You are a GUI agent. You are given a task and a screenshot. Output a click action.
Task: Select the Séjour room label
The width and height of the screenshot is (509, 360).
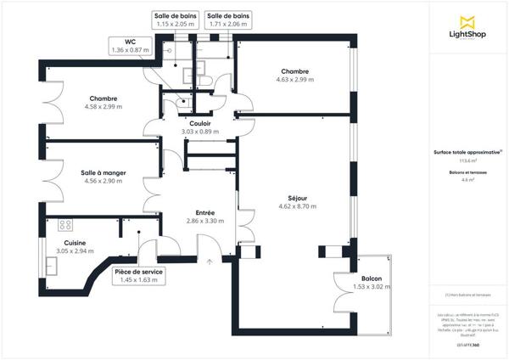(297, 198)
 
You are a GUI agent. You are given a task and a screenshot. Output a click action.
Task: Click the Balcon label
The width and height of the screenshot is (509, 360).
(372, 278)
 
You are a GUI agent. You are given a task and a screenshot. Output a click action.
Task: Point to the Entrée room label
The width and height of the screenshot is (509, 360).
(205, 212)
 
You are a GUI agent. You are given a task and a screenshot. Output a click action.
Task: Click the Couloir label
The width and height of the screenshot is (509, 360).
(200, 123)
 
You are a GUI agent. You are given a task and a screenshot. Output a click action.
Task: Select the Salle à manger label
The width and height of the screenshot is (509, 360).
(103, 173)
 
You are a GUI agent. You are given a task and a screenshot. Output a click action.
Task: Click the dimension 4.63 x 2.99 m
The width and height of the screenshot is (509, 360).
(294, 80)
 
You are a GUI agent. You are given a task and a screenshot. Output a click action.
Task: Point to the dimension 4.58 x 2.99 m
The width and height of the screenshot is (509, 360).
(103, 107)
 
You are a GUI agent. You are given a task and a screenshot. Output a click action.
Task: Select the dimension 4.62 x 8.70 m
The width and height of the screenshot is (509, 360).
(297, 206)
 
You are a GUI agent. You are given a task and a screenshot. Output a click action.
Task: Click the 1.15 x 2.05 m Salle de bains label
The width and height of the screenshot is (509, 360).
(176, 20)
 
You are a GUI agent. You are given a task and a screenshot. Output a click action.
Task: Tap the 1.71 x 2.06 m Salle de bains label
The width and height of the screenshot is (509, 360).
(228, 20)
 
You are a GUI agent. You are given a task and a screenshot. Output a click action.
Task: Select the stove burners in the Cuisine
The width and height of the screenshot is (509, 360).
(64, 226)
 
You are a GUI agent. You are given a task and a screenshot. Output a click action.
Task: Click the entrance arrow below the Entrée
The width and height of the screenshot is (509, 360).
(210, 262)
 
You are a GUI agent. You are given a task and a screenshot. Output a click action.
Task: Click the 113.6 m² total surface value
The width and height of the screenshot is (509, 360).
(467, 160)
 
